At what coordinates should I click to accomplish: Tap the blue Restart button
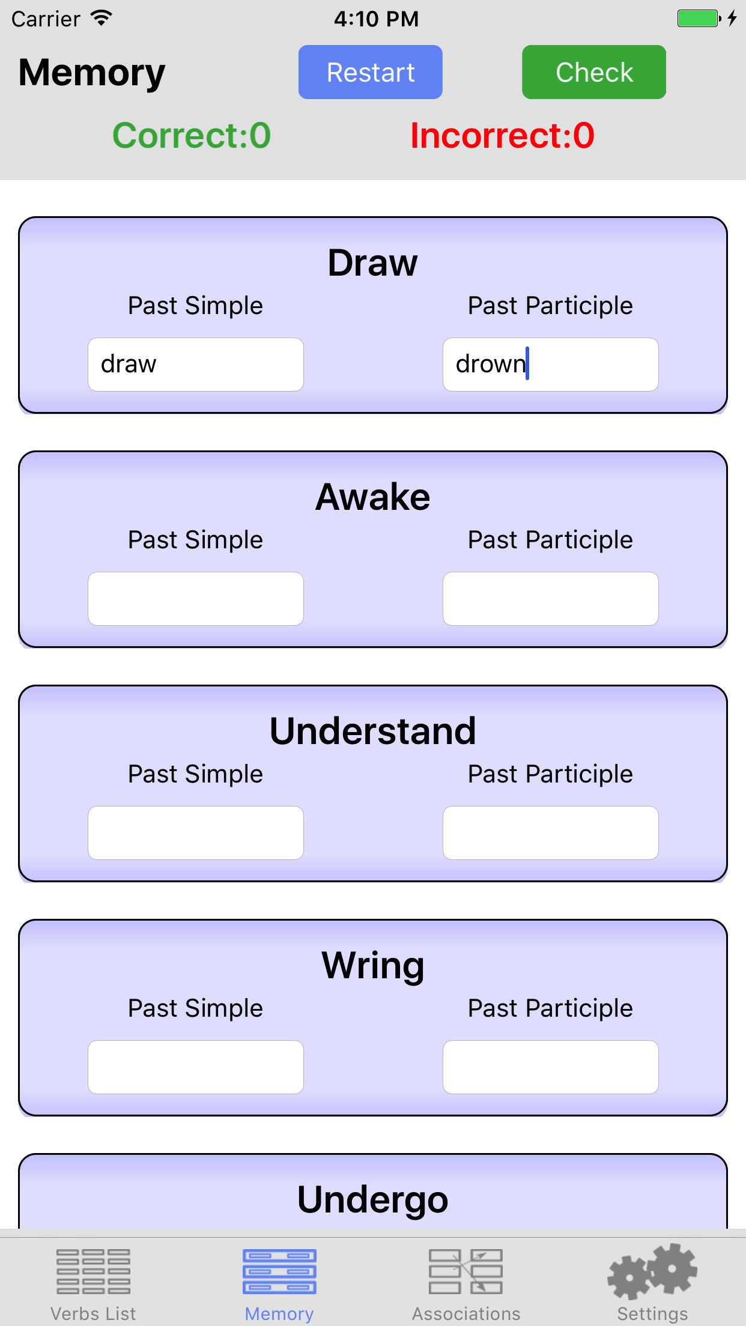coord(371,72)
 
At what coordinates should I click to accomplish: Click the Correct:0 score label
coord(192,135)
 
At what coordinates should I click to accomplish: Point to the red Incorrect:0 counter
coord(502,135)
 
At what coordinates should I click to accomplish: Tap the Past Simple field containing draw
coord(196,365)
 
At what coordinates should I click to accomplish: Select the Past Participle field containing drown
coord(551,365)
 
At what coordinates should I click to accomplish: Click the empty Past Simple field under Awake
coord(196,599)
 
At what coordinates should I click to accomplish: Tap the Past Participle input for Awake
coord(551,599)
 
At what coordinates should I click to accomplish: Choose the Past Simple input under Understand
coord(196,833)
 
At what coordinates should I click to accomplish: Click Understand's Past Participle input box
coord(551,833)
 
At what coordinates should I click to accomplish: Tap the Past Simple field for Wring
coord(196,1067)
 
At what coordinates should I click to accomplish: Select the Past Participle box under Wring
coord(551,1067)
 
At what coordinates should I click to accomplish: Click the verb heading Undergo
coord(373,1200)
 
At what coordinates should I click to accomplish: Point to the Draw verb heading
coord(373,263)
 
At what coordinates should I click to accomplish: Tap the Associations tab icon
coord(466,1271)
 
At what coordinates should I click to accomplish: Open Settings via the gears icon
coord(652,1271)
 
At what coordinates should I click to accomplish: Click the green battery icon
coord(699,19)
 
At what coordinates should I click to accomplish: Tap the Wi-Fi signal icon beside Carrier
coord(102,18)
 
